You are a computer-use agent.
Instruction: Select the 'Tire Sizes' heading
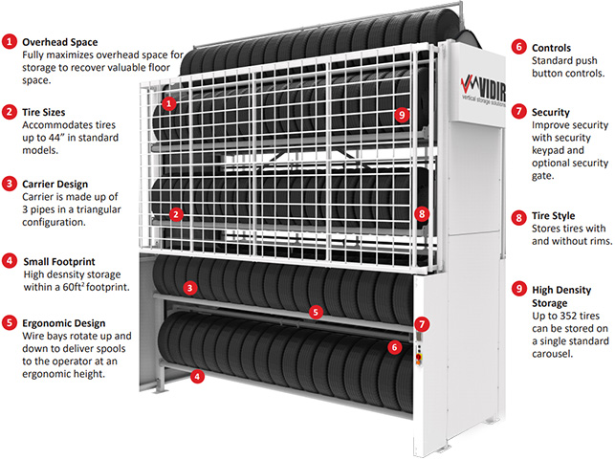point(48,112)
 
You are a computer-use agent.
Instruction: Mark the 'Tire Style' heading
point(554,217)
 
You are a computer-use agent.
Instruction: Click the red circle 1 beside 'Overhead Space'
point(9,43)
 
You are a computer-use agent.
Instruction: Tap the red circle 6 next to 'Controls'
point(518,46)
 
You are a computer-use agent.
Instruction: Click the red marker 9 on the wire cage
point(401,116)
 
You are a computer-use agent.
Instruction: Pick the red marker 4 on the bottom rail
point(196,377)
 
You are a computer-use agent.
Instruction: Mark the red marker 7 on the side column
point(422,324)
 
